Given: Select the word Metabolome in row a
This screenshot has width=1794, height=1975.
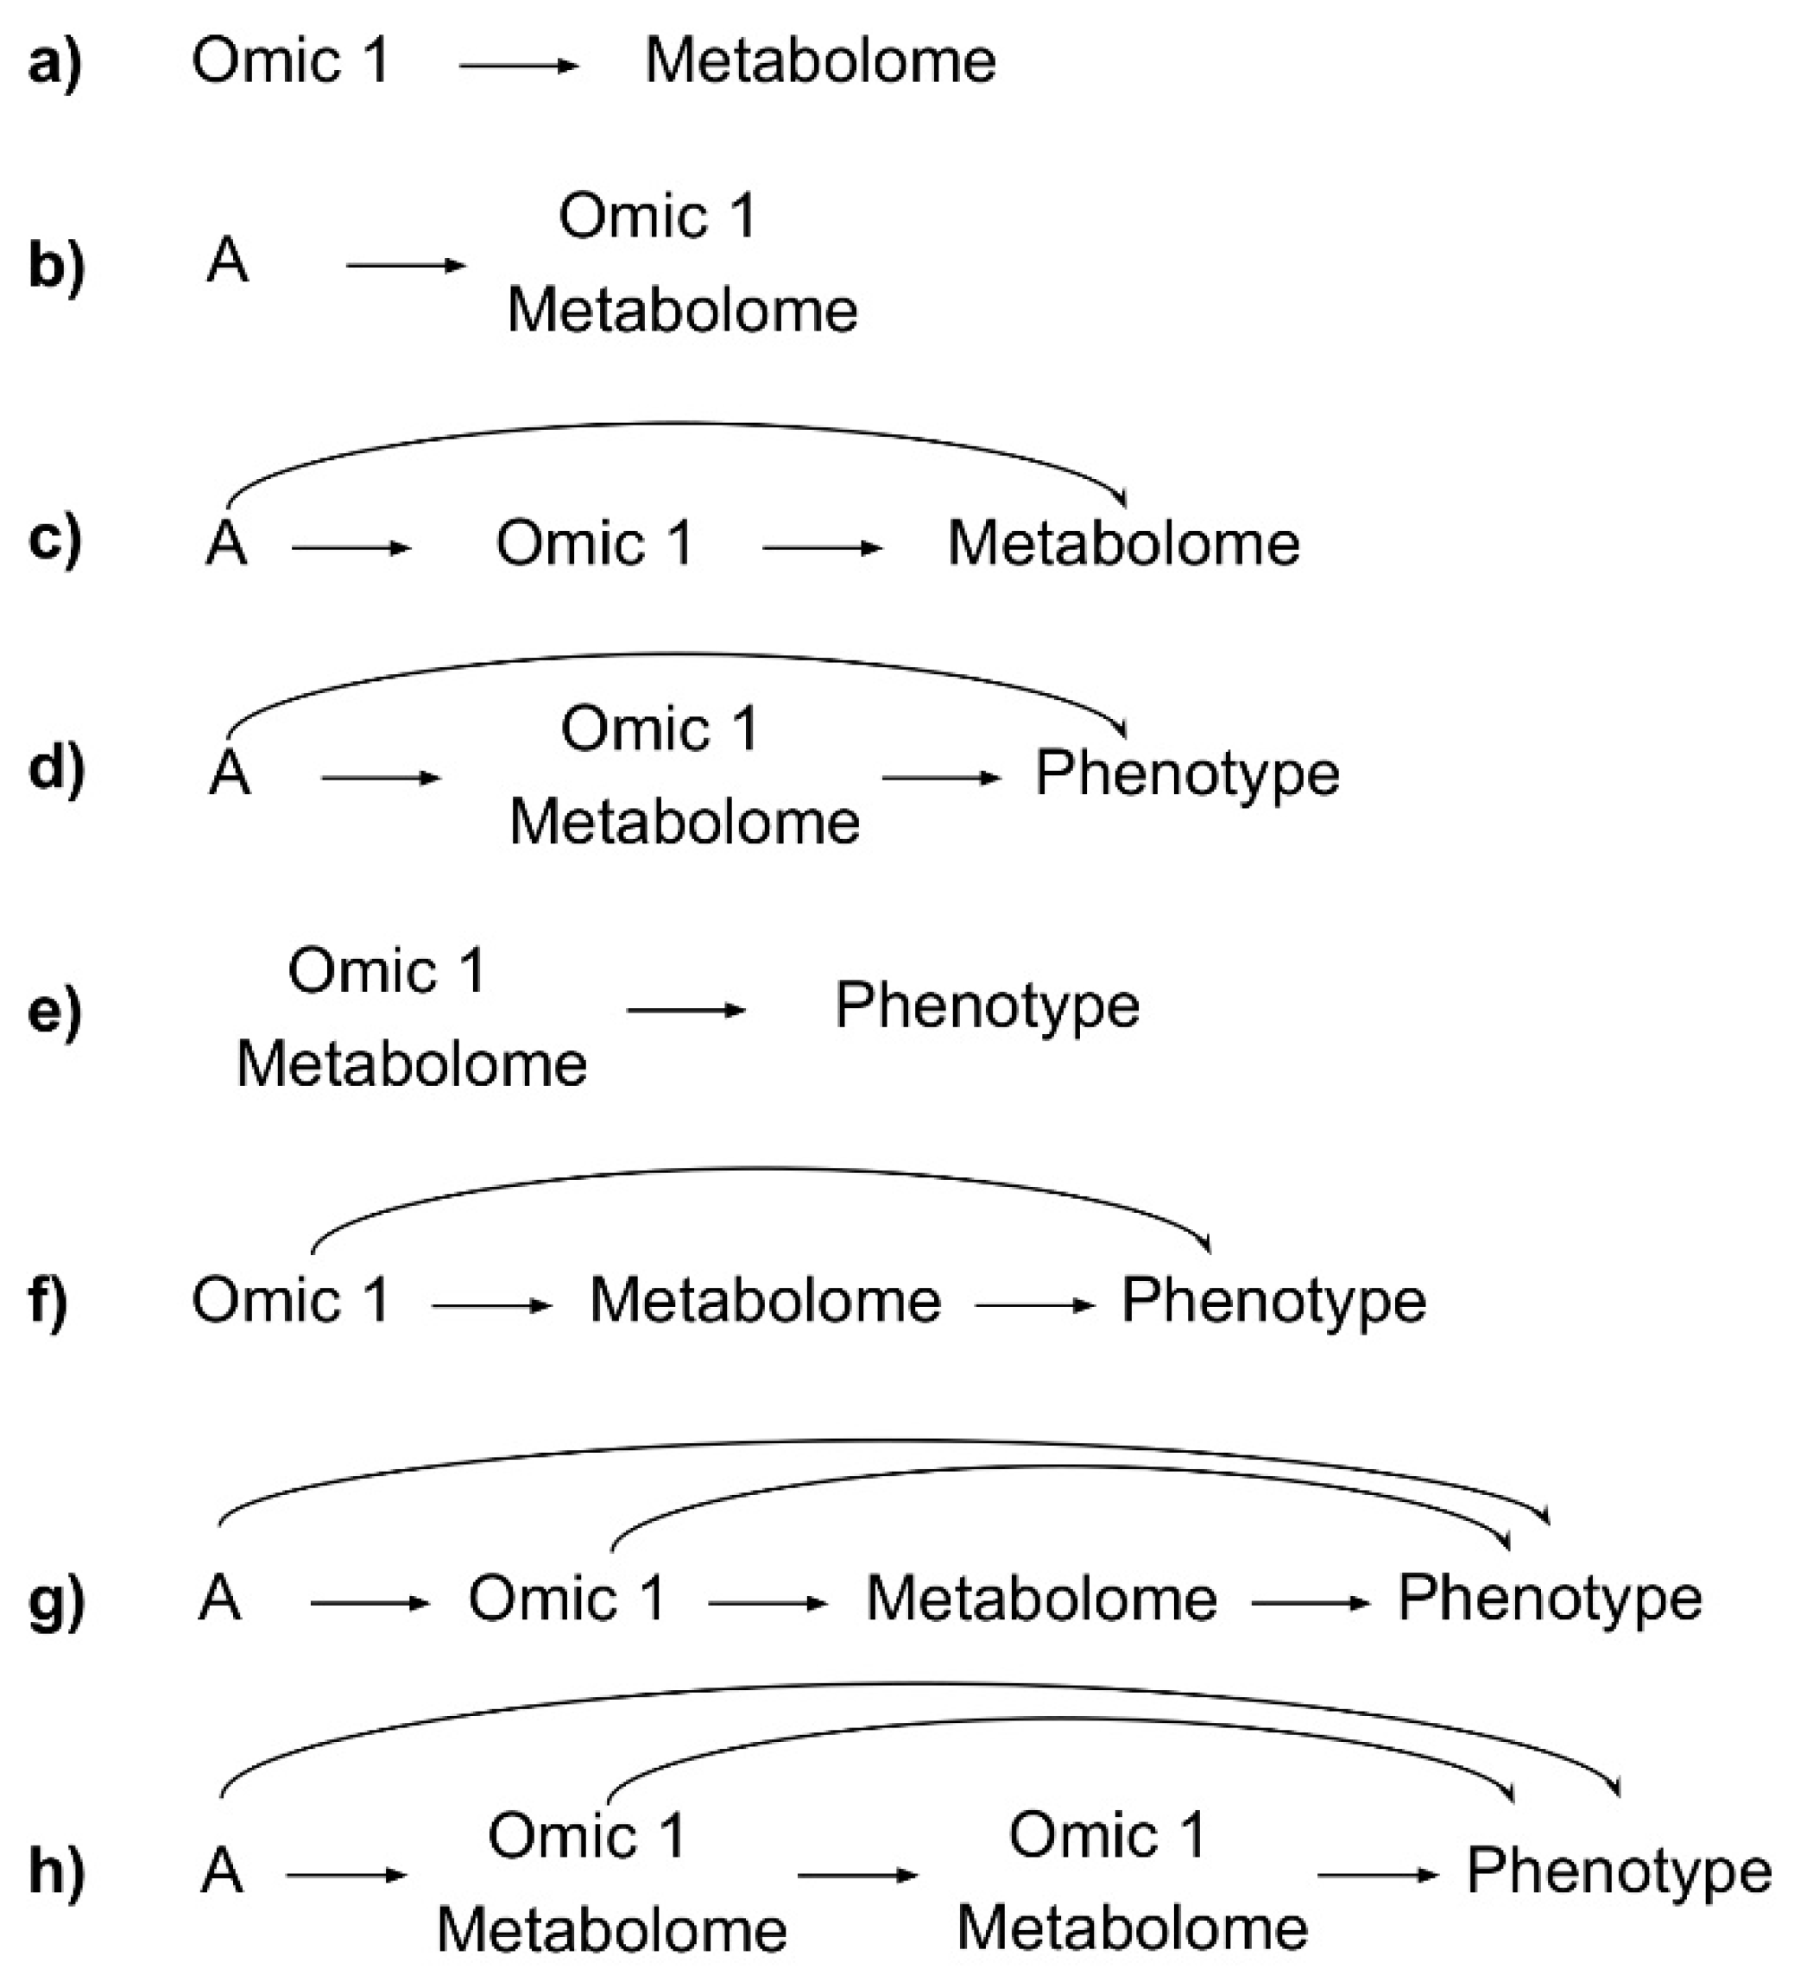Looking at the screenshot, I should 820,60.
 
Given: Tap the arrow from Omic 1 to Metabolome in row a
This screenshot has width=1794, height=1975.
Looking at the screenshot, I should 518,66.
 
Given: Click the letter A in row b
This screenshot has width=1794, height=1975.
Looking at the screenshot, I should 227,262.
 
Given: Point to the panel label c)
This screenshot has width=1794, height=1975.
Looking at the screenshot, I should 56,539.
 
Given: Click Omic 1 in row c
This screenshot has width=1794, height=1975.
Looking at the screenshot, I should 595,543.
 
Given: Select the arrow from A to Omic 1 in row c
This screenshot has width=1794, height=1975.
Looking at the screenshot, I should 350,547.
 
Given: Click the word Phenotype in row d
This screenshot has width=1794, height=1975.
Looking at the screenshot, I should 1186,774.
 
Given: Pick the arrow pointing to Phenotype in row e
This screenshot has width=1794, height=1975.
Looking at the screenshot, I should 685,1010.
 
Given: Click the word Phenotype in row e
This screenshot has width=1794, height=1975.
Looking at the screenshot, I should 987,1006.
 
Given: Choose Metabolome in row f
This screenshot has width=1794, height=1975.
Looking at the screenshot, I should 764,1301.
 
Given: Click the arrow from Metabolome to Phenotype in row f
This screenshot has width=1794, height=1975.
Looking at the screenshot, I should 1033,1305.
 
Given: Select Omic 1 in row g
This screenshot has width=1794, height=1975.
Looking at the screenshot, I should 567,1598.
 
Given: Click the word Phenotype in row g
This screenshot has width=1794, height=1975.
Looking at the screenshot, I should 1549,1598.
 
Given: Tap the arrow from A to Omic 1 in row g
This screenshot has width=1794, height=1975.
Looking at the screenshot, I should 370,1603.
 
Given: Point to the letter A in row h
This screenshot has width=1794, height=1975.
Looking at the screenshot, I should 221,1871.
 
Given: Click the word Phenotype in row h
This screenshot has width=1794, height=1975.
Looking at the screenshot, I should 1619,1871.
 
